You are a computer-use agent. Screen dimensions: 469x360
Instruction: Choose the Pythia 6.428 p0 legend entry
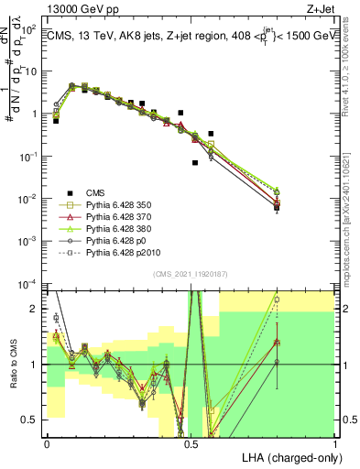pos(118,247)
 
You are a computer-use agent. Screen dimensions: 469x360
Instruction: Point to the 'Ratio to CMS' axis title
pos(12,377)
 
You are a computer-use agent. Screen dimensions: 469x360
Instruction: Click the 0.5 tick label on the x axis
pos(191,442)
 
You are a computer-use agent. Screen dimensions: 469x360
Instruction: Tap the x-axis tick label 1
pos(334,442)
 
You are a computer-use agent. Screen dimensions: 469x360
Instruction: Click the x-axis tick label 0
pos(47,442)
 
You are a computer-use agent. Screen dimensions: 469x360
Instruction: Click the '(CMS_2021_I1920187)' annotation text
pos(191,273)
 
